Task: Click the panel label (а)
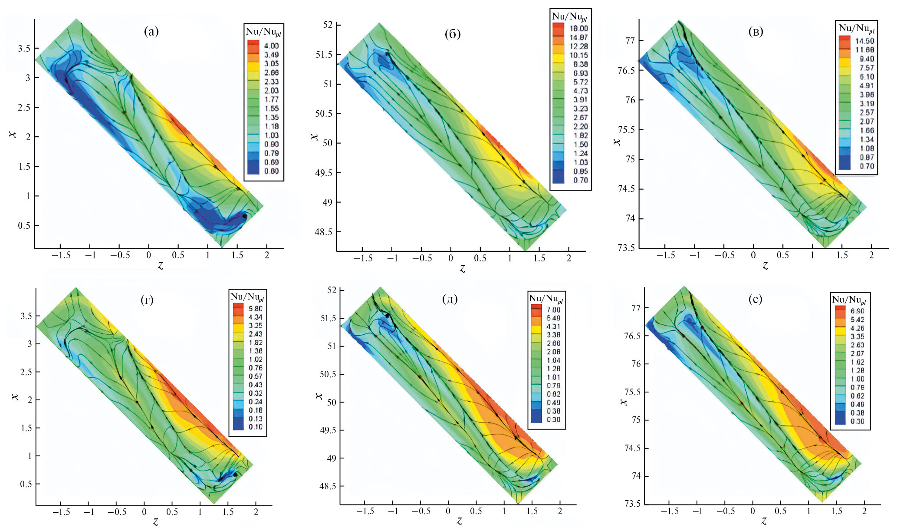[x=151, y=31]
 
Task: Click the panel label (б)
[x=453, y=34]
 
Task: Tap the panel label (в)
[x=756, y=31]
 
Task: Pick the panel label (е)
[x=756, y=299]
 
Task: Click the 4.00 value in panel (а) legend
[x=271, y=46]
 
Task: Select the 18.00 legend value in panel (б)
[x=578, y=28]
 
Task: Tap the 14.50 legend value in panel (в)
[x=864, y=41]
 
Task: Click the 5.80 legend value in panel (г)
[x=255, y=309]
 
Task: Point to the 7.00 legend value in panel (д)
[x=553, y=310]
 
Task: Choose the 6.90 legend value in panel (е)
[x=857, y=311]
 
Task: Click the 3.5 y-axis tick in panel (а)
[x=24, y=48]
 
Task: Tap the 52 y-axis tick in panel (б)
[x=328, y=25]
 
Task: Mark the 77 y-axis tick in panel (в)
[x=630, y=41]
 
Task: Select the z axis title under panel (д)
[x=459, y=520]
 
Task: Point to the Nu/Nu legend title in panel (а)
[x=263, y=32]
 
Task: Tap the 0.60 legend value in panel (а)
[x=271, y=171]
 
